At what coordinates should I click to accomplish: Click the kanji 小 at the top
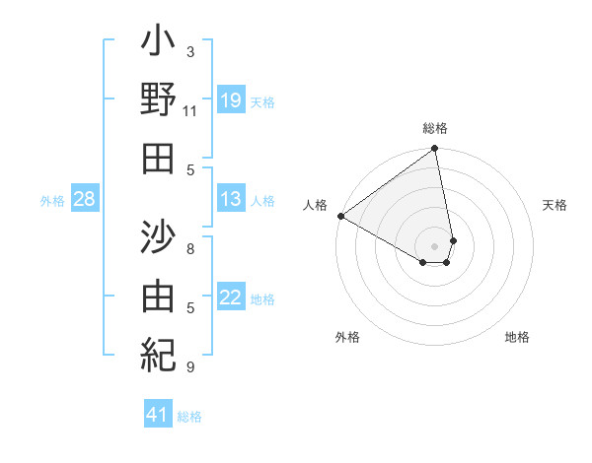click(x=158, y=45)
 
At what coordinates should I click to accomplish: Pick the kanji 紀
click(x=158, y=352)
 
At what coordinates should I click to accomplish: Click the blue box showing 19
click(x=231, y=99)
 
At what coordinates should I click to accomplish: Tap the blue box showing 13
click(x=231, y=199)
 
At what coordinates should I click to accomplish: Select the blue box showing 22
click(x=231, y=298)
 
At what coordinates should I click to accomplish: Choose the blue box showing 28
click(x=85, y=199)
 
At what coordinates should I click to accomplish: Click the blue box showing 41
click(x=158, y=415)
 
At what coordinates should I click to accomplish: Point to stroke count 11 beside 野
click(x=189, y=110)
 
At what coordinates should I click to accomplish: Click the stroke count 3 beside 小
click(x=189, y=51)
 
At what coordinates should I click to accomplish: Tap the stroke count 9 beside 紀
click(x=189, y=367)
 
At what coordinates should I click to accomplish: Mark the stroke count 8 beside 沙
click(x=189, y=249)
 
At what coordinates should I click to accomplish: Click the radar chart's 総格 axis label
click(x=434, y=128)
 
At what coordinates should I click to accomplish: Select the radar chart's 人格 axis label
click(x=315, y=205)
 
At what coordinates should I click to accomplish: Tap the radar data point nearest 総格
click(x=434, y=150)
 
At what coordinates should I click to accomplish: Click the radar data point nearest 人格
click(x=340, y=216)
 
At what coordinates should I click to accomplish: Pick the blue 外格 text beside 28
click(x=52, y=201)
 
